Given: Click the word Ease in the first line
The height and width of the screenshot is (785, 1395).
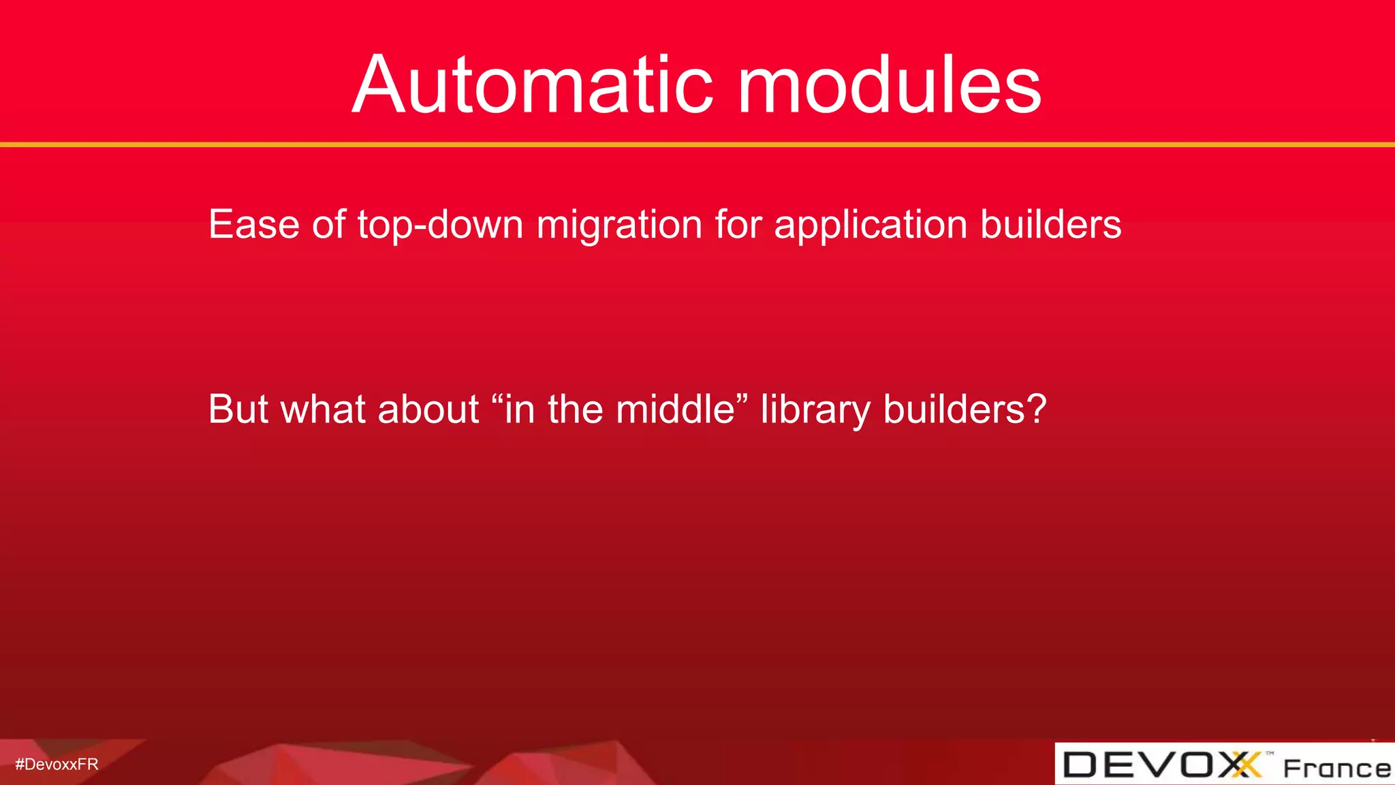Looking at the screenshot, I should [253, 224].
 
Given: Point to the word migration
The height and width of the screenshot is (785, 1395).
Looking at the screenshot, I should [619, 226].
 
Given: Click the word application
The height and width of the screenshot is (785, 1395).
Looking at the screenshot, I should [871, 226].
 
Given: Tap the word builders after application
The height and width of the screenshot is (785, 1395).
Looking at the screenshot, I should [1050, 224].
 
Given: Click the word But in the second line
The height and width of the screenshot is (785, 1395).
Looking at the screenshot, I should [238, 409].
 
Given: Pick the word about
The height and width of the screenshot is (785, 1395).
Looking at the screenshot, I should [428, 409].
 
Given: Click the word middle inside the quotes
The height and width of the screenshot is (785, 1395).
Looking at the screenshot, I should [676, 409].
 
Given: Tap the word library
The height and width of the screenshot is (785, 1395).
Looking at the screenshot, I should [815, 410].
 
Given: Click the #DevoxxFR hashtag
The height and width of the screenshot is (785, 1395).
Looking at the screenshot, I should [57, 765].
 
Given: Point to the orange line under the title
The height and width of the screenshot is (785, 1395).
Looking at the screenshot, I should [697, 144].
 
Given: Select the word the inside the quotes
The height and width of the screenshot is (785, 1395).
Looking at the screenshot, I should [575, 409].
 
